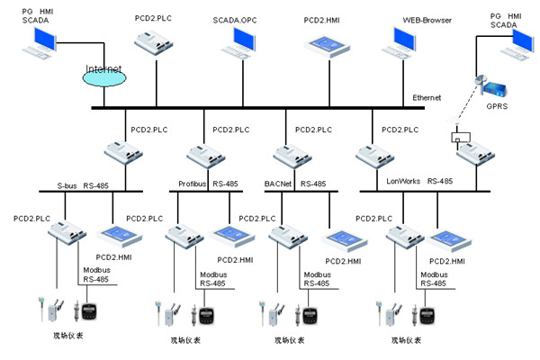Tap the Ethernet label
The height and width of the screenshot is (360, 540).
[427, 97]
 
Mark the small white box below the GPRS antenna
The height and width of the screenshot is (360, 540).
[460, 139]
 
